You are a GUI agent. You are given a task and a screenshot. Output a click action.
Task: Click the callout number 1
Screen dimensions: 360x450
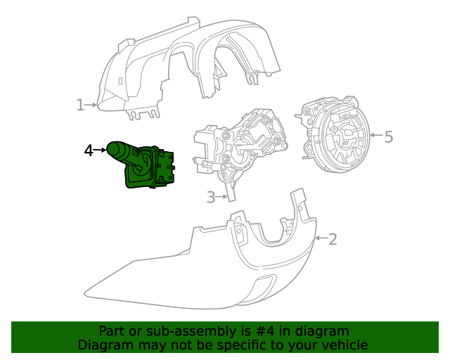pos(80,105)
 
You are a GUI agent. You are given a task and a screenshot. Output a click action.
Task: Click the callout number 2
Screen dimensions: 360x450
pos(333,239)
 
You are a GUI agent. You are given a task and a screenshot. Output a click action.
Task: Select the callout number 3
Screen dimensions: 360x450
pos(211,198)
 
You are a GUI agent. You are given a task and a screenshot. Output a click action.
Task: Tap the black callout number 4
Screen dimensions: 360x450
pos(89,150)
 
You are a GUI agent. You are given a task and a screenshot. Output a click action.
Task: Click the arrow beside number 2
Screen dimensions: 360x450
pos(320,239)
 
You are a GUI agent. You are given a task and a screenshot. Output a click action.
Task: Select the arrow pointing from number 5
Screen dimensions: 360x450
pos(375,134)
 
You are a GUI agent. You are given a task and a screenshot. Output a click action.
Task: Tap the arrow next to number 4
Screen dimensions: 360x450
pos(101,149)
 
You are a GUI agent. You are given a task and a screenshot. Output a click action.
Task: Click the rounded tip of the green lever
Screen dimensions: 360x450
pos(112,148)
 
